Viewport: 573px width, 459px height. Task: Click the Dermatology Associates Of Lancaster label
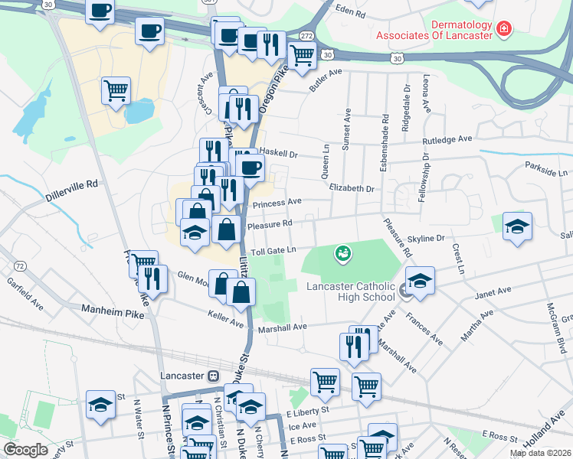(x=433, y=30)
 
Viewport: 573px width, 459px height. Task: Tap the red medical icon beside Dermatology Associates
(x=503, y=30)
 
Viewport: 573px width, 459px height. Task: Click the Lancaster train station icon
(x=214, y=376)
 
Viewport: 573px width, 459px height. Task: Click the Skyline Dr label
(x=425, y=239)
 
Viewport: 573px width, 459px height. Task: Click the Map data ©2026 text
(x=539, y=453)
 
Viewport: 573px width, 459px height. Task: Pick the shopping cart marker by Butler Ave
(x=303, y=54)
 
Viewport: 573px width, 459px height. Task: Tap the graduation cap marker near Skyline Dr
(x=518, y=226)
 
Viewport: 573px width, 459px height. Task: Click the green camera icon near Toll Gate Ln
(x=343, y=252)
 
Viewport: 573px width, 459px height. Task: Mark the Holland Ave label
(x=550, y=431)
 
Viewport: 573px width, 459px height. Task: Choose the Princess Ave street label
(x=277, y=204)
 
